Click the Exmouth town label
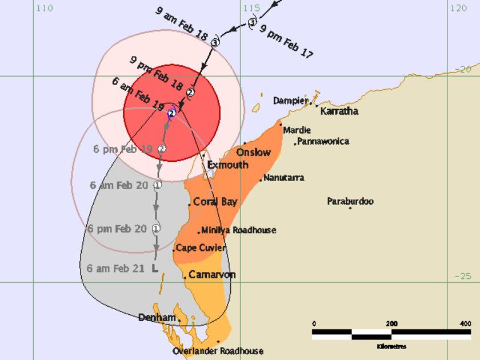pyautogui.click(x=227, y=165)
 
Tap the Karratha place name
pyautogui.click(x=339, y=111)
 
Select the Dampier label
pyautogui.click(x=290, y=101)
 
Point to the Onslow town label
pyautogui.click(x=253, y=152)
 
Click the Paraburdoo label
pyautogui.click(x=350, y=201)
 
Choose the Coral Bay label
pyautogui.click(x=215, y=202)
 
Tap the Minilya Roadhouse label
pyautogui.click(x=238, y=230)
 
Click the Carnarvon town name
pyautogui.click(x=212, y=275)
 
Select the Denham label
pyautogui.click(x=157, y=318)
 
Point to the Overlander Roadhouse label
pyautogui.click(x=218, y=351)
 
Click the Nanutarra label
pyautogui.click(x=283, y=178)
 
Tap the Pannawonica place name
pyautogui.click(x=323, y=141)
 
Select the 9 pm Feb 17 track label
pyautogui.click(x=287, y=42)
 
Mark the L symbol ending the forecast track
pyautogui.click(x=155, y=267)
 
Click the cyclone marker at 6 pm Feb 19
pyautogui.click(x=162, y=149)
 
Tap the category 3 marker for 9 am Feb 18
pyautogui.click(x=215, y=42)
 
